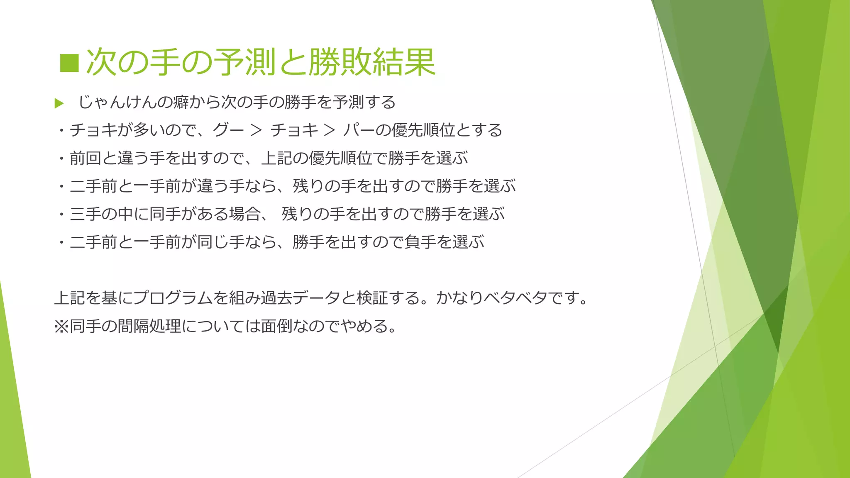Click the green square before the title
69,63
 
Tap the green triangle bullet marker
59,103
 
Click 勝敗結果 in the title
371,62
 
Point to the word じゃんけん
118,102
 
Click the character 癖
181,102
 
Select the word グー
228,130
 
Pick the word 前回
85,158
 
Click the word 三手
85,214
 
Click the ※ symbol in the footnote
61,326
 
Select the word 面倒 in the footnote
277,326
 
